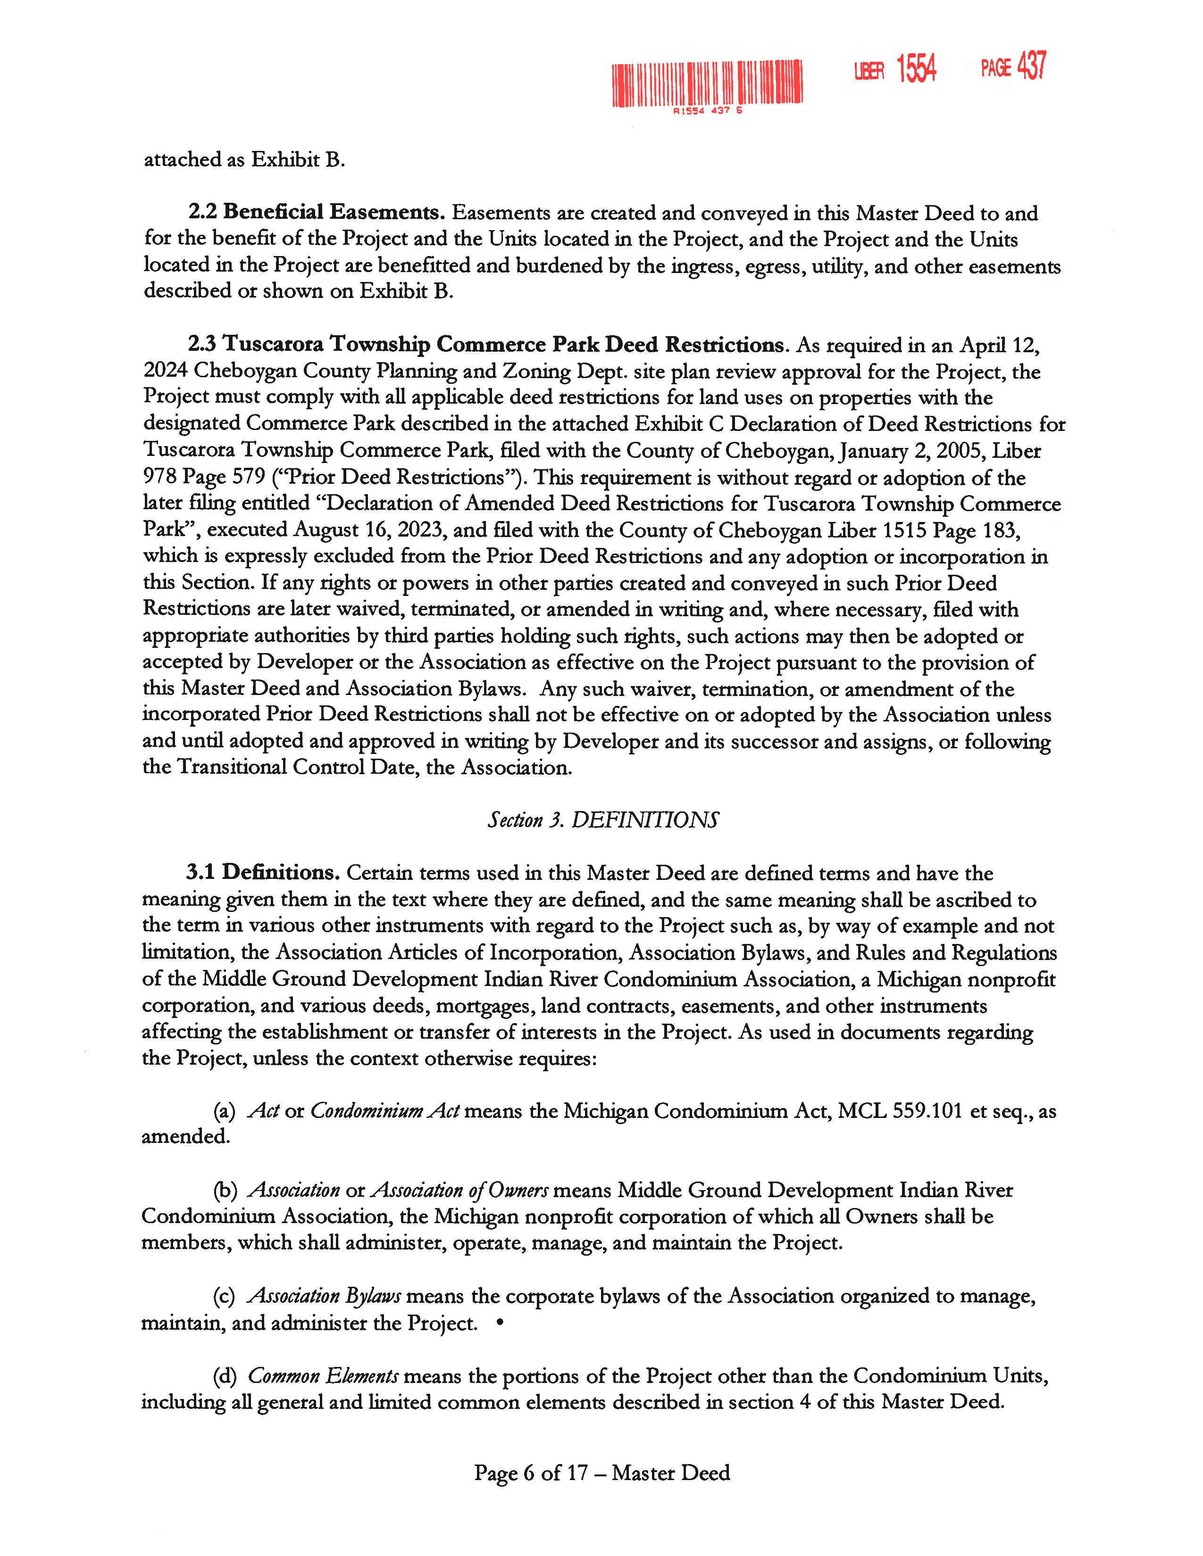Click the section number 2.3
[202, 344]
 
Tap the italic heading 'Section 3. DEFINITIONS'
[603, 820]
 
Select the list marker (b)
[225, 1191]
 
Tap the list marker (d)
[225, 1376]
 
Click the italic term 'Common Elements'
[323, 1376]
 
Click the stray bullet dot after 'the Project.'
[500, 1322]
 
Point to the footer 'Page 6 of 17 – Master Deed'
[602, 1473]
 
